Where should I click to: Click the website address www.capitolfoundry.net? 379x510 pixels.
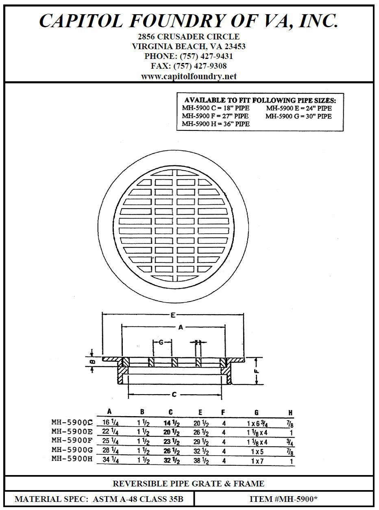189,76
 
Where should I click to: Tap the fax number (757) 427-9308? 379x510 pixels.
200,66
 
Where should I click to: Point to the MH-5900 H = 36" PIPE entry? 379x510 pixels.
216,124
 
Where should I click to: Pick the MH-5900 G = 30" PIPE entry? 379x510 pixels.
299,116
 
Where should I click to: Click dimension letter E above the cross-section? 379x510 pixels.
174,315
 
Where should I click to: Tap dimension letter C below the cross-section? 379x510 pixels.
174,395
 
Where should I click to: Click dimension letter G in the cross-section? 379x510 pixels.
161,343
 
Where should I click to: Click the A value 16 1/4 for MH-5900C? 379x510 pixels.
110,423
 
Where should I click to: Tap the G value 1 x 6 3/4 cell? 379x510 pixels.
257,423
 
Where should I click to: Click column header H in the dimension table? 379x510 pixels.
290,412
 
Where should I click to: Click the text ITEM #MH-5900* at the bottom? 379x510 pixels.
283,499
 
